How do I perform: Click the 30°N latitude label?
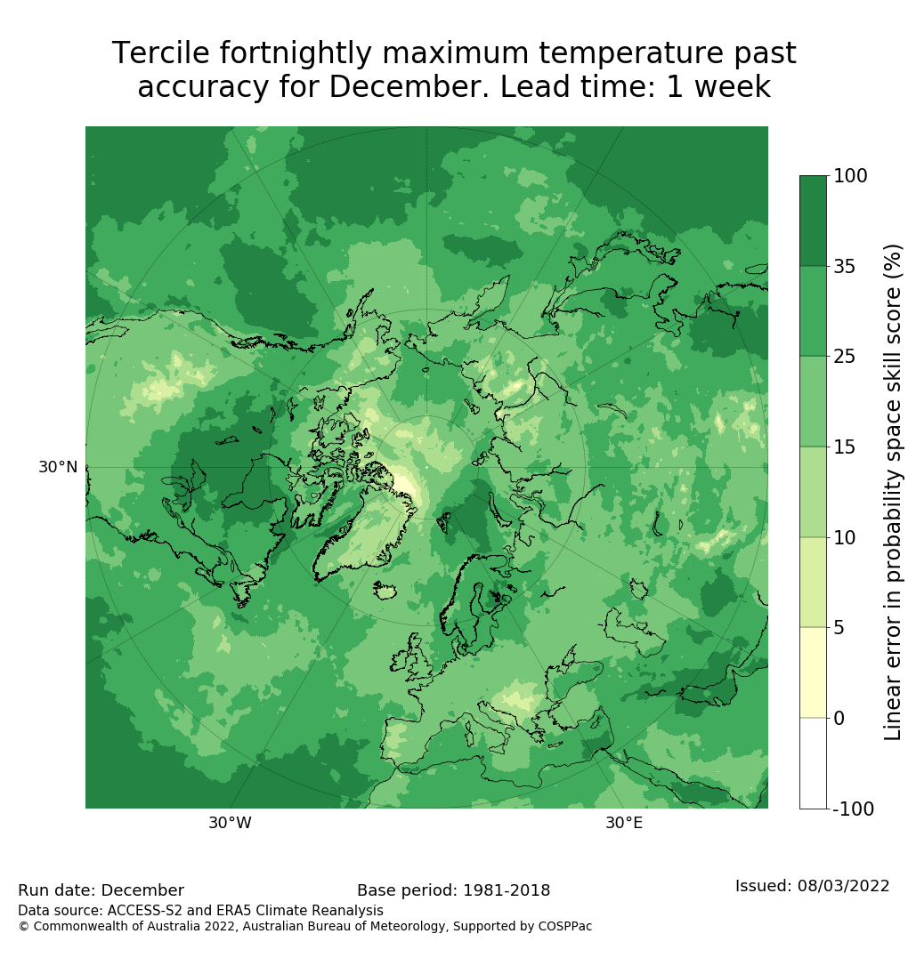click(58, 467)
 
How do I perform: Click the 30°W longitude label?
click(230, 823)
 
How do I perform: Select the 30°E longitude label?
click(624, 823)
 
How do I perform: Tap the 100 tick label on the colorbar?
click(850, 176)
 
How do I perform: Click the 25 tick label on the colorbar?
click(845, 357)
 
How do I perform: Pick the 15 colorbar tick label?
click(845, 447)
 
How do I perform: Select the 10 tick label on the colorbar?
click(845, 537)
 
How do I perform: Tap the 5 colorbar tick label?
click(839, 628)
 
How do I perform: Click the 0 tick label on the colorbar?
click(839, 718)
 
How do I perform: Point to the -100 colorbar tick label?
click(853, 809)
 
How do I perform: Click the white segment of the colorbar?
click(813, 763)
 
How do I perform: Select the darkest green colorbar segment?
click(813, 221)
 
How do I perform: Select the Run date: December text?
click(101, 890)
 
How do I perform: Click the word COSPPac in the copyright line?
click(564, 926)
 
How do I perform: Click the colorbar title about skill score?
click(893, 492)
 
